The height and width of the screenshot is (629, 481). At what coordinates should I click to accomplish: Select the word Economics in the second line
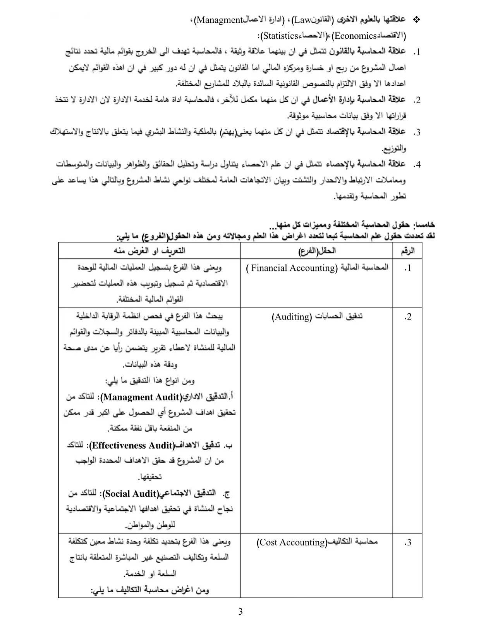click(x=355, y=36)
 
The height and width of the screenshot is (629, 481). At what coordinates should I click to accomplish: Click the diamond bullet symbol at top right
click(x=417, y=20)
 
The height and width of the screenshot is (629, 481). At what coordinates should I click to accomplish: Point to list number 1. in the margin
click(x=417, y=52)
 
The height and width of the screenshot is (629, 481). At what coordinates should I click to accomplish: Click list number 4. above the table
click(x=417, y=165)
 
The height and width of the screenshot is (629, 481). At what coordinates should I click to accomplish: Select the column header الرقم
click(x=407, y=251)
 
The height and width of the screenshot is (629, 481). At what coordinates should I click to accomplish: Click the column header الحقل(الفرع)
click(x=317, y=251)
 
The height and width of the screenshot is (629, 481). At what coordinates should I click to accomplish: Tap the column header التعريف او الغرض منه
click(x=149, y=251)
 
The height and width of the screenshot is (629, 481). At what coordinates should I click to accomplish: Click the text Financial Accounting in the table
click(x=293, y=268)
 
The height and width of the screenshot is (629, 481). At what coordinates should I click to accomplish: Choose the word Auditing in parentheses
click(x=292, y=317)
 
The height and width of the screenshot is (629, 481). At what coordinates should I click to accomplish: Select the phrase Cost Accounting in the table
click(x=292, y=542)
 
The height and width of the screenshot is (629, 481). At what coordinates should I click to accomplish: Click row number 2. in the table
click(x=407, y=317)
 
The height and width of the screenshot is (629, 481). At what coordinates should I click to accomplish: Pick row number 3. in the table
click(x=407, y=542)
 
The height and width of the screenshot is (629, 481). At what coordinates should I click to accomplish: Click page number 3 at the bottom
click(x=240, y=612)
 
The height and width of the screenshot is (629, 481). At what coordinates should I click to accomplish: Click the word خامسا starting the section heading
click(x=425, y=224)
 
